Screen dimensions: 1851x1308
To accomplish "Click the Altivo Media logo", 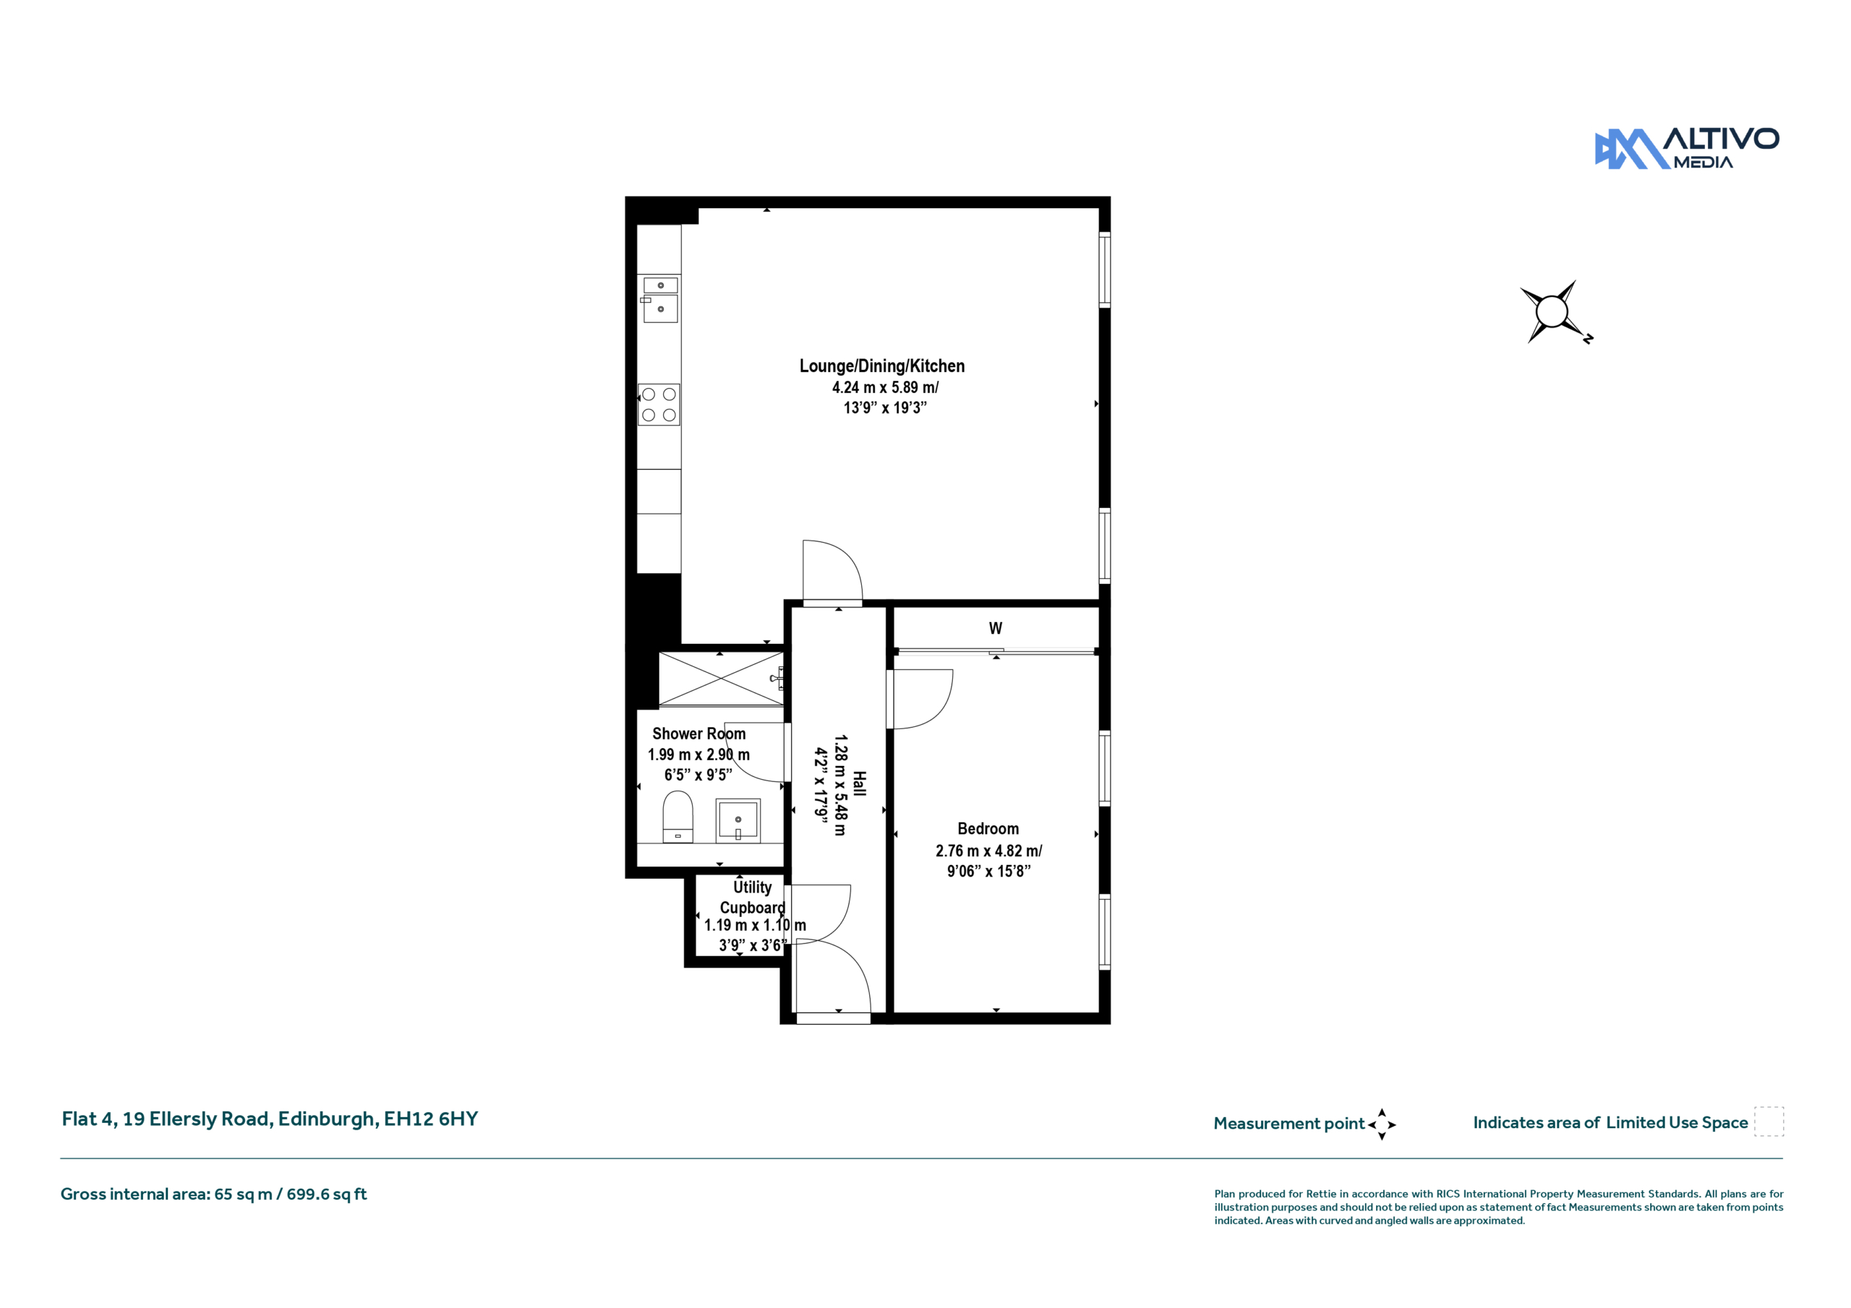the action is click(x=1687, y=148).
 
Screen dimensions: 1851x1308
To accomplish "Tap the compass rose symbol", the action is click(x=1555, y=312).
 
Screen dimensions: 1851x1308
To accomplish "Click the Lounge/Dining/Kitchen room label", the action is click(x=882, y=366).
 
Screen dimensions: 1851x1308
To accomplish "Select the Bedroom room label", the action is click(x=988, y=828).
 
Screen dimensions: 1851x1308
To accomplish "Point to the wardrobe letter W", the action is click(x=996, y=628).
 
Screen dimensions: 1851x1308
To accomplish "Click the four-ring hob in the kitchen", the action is click(x=659, y=405).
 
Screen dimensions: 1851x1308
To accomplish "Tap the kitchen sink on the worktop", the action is click(x=660, y=300).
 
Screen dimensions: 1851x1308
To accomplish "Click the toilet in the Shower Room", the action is click(x=677, y=817).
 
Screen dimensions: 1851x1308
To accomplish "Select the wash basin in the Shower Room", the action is click(x=738, y=820).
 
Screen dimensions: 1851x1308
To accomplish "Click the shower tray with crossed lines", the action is click(x=721, y=679).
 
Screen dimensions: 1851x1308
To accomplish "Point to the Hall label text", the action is click(x=860, y=784).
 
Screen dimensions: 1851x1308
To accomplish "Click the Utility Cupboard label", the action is click(x=752, y=897).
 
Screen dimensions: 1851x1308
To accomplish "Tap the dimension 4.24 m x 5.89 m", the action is click(x=885, y=387).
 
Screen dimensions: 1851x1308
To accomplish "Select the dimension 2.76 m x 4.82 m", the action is click(x=988, y=851).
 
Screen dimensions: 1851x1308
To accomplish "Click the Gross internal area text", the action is click(x=213, y=1195).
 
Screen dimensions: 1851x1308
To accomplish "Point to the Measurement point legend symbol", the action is click(x=1381, y=1124).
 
